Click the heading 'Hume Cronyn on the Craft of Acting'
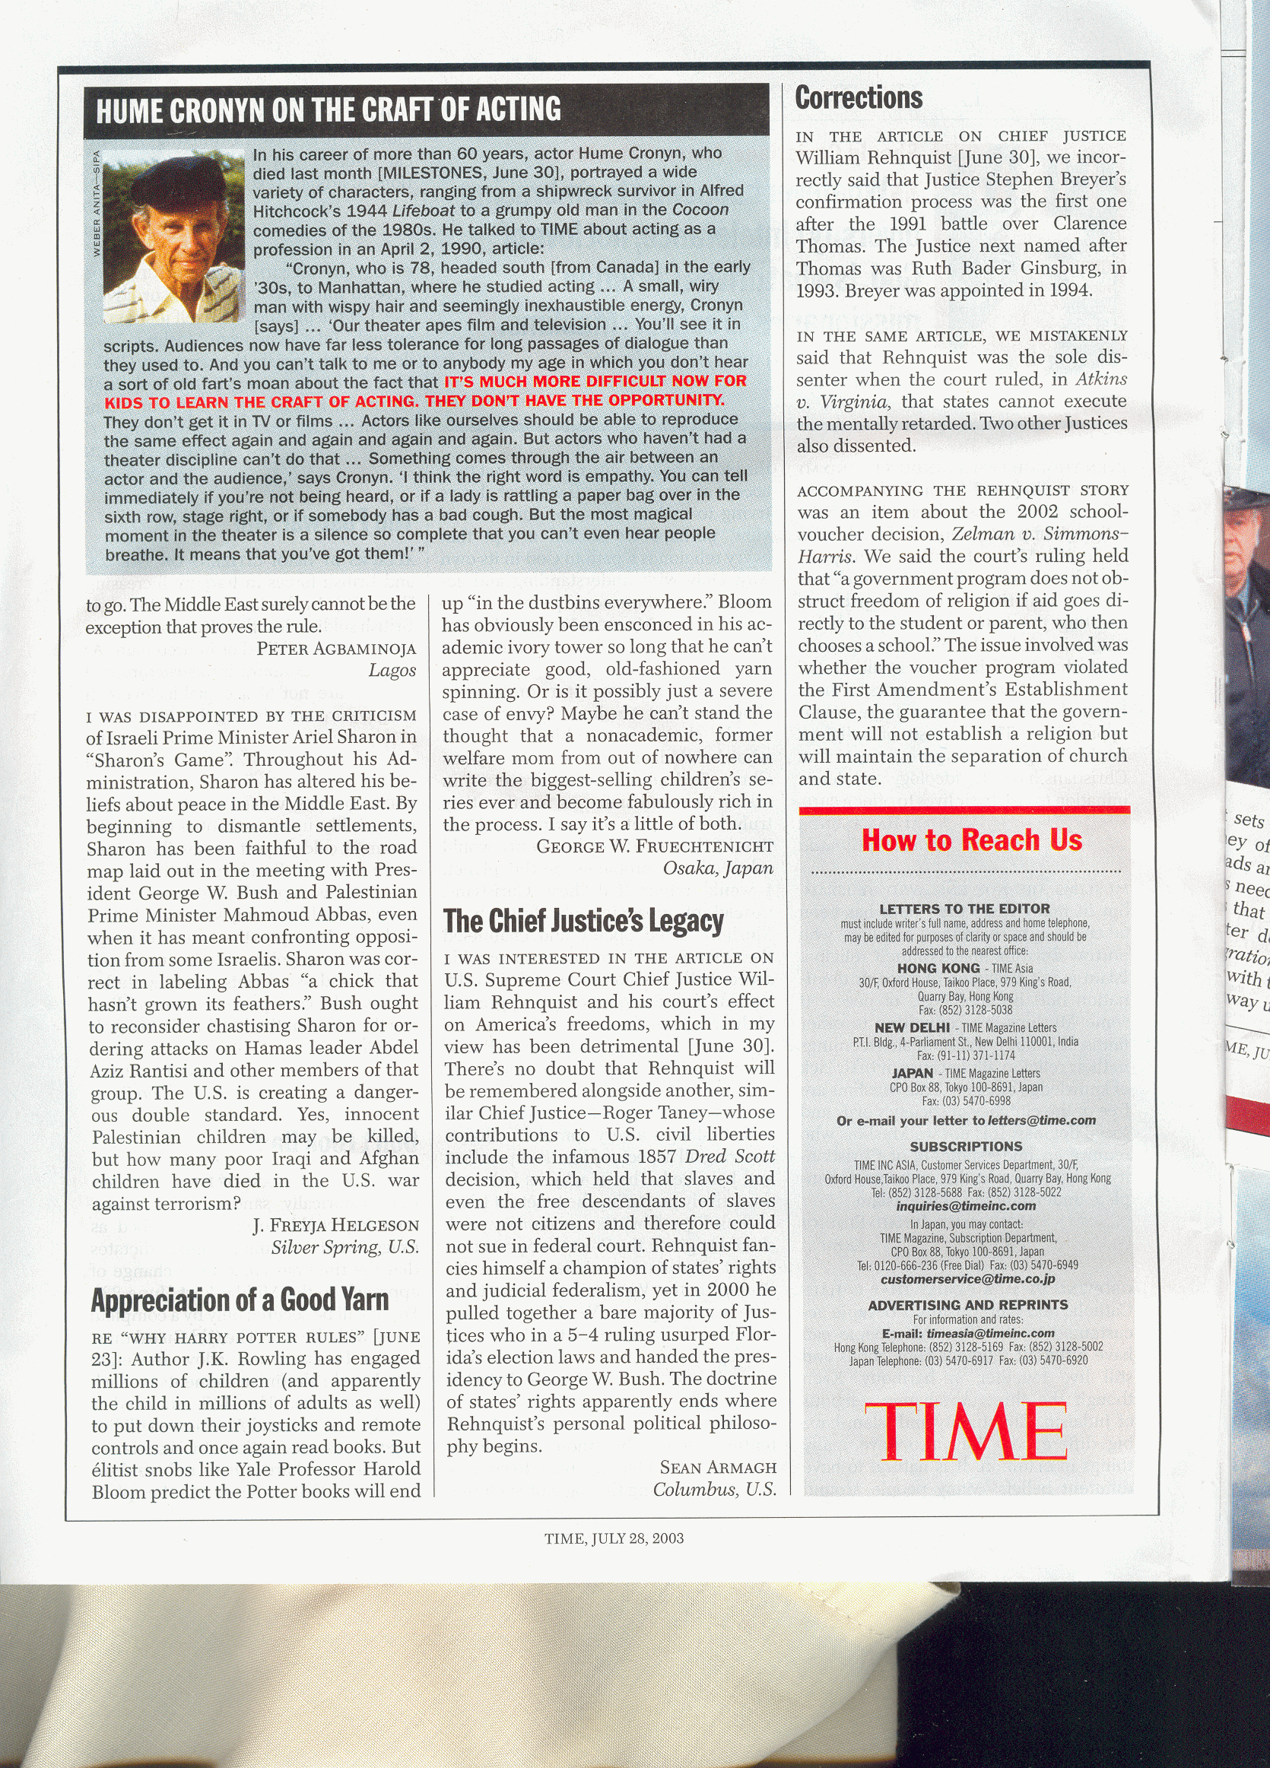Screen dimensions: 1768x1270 [329, 110]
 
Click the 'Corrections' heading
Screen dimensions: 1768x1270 [859, 98]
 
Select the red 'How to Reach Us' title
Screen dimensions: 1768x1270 [971, 840]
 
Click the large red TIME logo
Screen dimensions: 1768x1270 [965, 1430]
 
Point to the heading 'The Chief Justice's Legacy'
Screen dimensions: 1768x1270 [583, 922]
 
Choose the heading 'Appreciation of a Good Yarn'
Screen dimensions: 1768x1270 [240, 1300]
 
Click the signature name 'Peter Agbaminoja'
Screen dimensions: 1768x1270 [336, 649]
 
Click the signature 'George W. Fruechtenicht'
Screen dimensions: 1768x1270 [655, 846]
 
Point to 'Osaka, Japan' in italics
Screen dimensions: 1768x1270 [718, 868]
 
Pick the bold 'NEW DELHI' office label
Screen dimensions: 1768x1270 [911, 1028]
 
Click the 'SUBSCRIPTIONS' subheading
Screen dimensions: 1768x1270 [966, 1147]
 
